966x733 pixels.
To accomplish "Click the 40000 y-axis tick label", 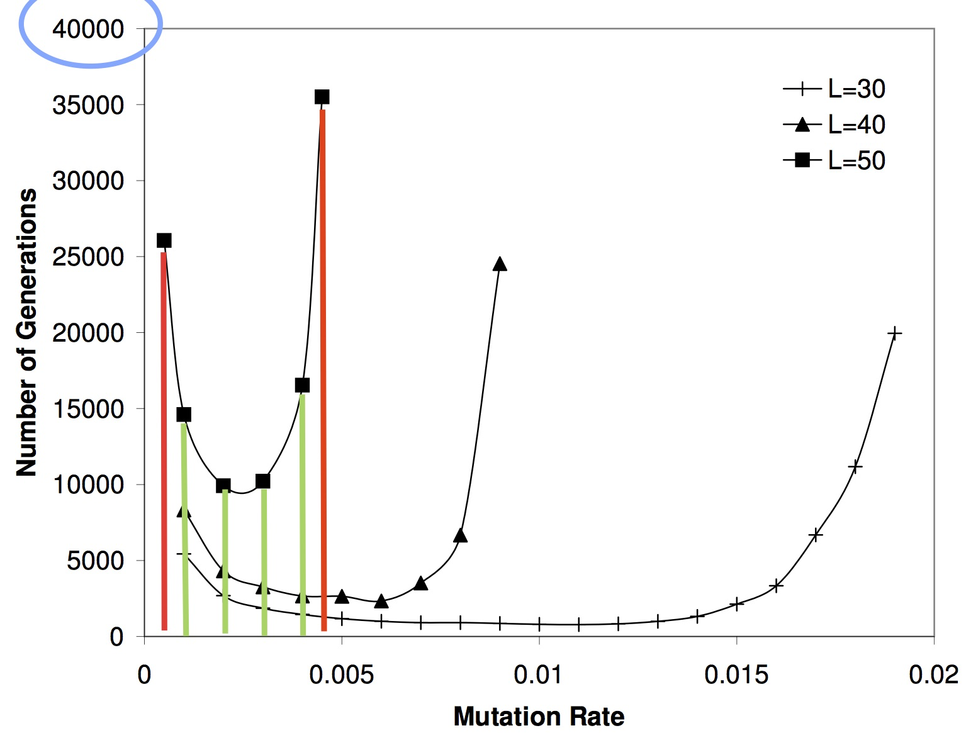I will click(x=88, y=29).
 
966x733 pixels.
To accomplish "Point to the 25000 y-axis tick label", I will click(x=88, y=257).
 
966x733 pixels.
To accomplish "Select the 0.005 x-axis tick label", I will click(x=341, y=675).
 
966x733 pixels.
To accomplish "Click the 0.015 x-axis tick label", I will click(x=736, y=675).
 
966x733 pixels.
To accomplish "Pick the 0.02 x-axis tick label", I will click(x=933, y=675).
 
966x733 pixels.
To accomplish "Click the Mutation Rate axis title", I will click(x=539, y=716).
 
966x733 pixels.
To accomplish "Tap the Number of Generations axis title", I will click(x=27, y=332).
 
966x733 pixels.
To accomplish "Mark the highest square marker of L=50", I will click(x=322, y=97).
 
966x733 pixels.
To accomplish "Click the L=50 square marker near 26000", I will click(x=164, y=240).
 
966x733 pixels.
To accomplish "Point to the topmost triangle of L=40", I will click(x=500, y=264).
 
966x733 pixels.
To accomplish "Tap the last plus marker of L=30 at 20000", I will click(x=894, y=333).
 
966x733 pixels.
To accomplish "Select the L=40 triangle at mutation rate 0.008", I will click(x=461, y=535).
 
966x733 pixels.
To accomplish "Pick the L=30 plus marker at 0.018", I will click(x=855, y=467).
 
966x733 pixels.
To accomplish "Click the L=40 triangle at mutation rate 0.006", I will click(x=381, y=602).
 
